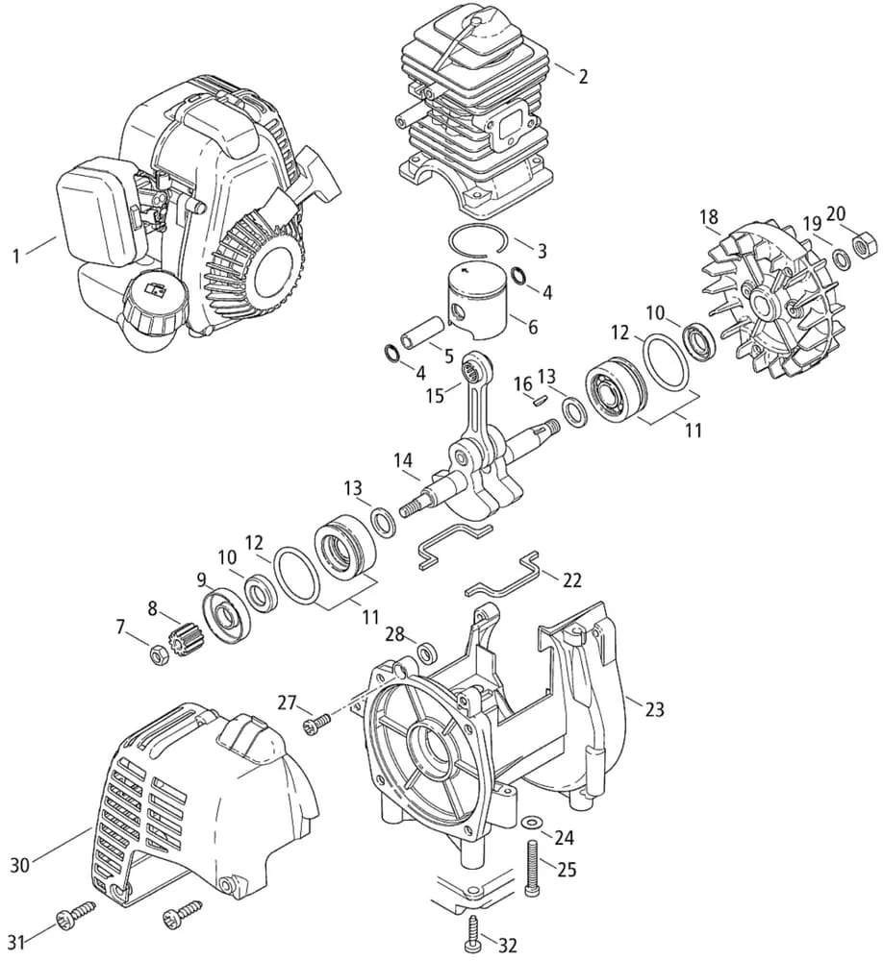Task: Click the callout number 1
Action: pyautogui.click(x=15, y=256)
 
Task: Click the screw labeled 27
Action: pyautogui.click(x=316, y=721)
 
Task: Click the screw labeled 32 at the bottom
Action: pyautogui.click(x=474, y=929)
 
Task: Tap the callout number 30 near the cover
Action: pyautogui.click(x=20, y=866)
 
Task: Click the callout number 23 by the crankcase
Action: pyautogui.click(x=654, y=710)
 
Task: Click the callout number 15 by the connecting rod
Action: pyautogui.click(x=436, y=394)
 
